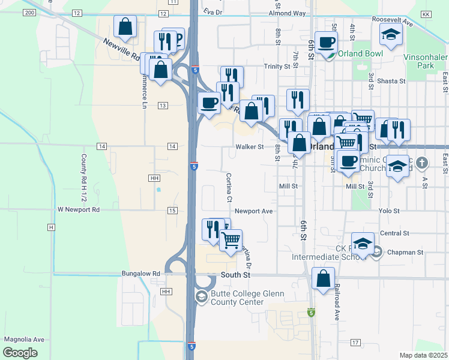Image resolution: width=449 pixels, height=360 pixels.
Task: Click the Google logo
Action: tap(20, 352)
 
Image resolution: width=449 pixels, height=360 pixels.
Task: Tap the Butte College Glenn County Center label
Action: tap(238, 298)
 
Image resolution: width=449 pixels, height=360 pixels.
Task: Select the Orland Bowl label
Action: tap(360, 53)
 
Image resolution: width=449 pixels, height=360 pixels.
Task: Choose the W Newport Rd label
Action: tap(78, 210)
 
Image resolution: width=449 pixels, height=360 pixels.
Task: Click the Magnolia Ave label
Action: tap(25, 339)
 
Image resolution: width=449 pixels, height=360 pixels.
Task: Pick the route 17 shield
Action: tap(355, 342)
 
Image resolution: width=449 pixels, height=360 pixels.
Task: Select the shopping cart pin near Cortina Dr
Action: tap(231, 241)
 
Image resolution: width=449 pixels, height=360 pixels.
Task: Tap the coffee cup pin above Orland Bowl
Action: tap(326, 43)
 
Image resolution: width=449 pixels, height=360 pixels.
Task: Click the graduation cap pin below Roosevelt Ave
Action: tap(390, 34)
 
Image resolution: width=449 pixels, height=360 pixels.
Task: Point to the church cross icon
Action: tap(422, 163)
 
